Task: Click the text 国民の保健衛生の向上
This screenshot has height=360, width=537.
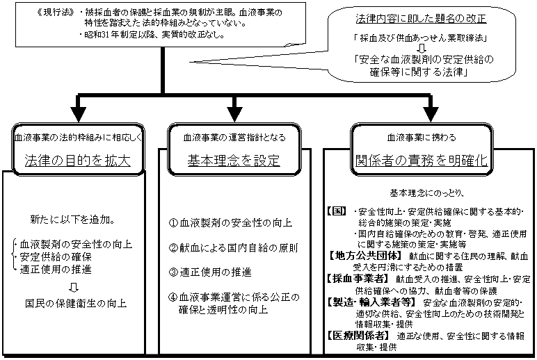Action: coord(72,303)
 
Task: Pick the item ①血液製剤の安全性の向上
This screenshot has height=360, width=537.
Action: coord(230,223)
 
